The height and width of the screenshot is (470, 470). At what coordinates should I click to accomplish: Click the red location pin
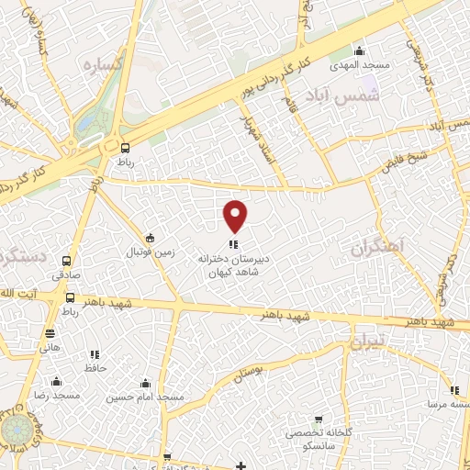click(236, 216)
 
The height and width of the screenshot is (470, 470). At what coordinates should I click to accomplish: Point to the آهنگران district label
click(378, 247)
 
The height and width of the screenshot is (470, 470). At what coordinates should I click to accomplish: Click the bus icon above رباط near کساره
click(126, 147)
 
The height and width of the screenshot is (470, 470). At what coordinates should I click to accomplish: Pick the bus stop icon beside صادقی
click(70, 297)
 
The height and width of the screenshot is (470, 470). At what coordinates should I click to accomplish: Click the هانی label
click(50, 347)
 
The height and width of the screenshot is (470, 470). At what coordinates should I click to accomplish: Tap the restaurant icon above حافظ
click(94, 354)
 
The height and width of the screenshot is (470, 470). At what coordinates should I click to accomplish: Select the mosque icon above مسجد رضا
click(57, 381)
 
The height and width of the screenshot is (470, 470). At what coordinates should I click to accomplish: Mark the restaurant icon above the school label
click(233, 244)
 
